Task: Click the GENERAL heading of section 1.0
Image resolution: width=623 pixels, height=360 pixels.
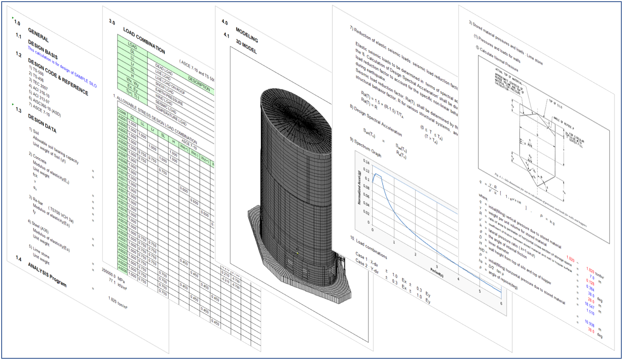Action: pyautogui.click(x=38, y=35)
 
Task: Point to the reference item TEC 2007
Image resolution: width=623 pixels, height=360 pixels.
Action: pyautogui.click(x=40, y=85)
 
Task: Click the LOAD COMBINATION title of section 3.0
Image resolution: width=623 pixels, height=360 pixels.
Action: pyautogui.click(x=144, y=40)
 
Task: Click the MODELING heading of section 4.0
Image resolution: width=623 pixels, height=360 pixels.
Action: pyautogui.click(x=247, y=35)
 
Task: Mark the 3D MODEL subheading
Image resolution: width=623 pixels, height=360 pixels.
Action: pyautogui.click(x=246, y=47)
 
